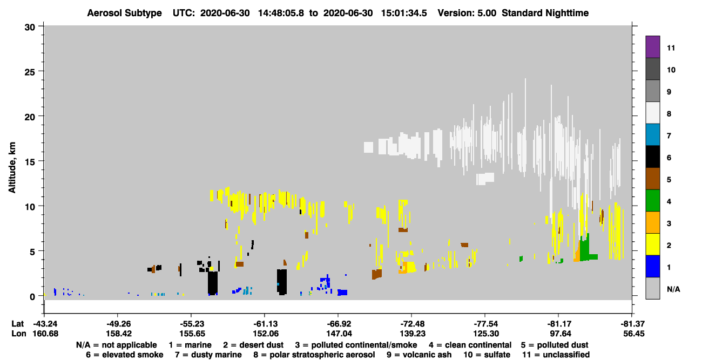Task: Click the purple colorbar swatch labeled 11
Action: [652, 47]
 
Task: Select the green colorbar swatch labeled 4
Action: [652, 201]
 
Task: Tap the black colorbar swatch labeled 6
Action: [652, 157]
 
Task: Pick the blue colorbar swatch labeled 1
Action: [652, 266]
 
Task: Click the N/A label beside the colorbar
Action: [673, 289]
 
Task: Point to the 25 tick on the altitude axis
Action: [30, 72]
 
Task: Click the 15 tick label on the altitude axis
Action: [30, 162]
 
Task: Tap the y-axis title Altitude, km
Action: [12, 167]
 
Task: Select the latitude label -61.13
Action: [265, 324]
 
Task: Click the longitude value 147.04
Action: [339, 334]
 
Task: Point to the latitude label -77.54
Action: [486, 324]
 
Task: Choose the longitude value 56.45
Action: [633, 334]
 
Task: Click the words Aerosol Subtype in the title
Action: [124, 13]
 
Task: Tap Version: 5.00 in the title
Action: [467, 13]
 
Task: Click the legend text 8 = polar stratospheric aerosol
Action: [314, 355]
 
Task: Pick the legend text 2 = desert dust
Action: [253, 345]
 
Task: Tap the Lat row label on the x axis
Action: [17, 324]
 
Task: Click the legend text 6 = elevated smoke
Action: [125, 355]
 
